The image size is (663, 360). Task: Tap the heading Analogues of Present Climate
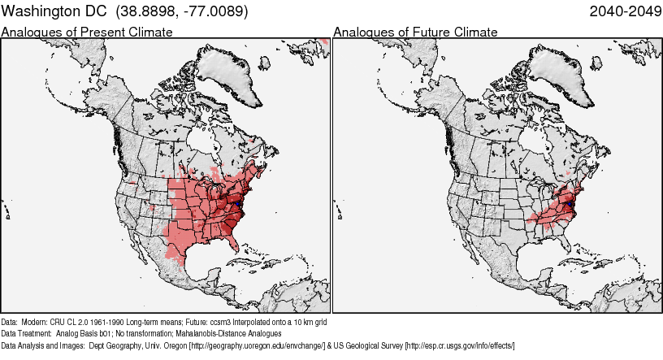click(87, 32)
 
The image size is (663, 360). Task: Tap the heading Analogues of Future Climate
click(415, 32)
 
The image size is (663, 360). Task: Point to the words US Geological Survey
click(369, 345)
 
